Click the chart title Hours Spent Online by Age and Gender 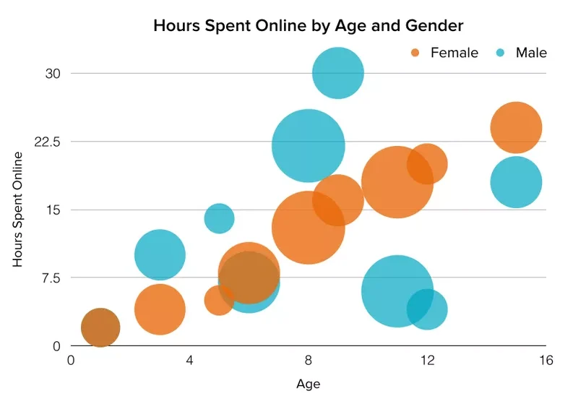[309, 25]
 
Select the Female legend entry [454, 53]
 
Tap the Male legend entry [531, 53]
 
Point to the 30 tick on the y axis [52, 74]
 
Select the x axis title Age [308, 384]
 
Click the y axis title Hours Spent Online [18, 210]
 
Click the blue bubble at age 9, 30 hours [338, 73]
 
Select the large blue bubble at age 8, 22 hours [309, 145]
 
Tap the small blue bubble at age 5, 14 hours [219, 218]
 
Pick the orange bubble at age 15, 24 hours [516, 128]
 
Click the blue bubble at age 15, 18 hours [516, 182]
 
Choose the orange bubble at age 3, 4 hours [160, 309]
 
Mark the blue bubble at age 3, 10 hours [160, 254]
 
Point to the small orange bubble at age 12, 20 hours [427, 164]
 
